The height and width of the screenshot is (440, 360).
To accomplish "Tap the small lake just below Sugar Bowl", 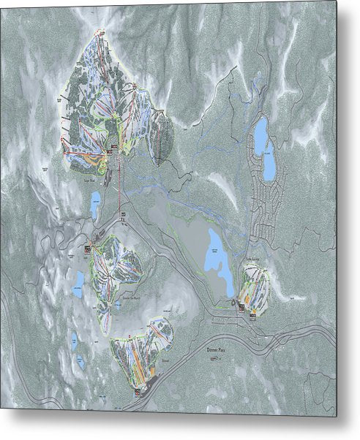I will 96,205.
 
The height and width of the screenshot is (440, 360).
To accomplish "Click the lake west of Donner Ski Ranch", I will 79,280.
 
